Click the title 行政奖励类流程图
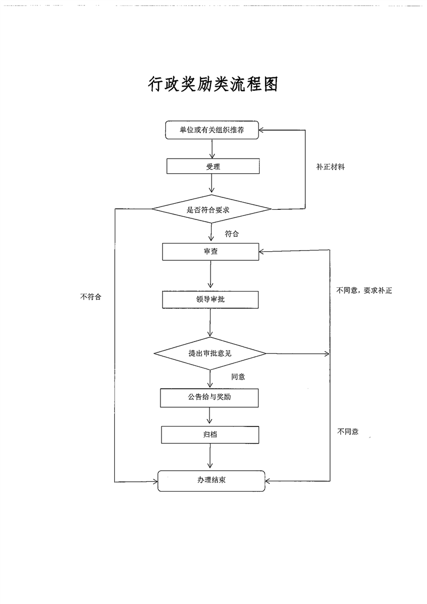(x=213, y=84)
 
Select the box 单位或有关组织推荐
(x=213, y=129)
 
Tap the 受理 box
(x=213, y=167)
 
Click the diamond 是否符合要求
(x=212, y=209)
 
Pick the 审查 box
(x=211, y=251)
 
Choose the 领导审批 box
(x=211, y=299)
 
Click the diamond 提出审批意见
(x=210, y=353)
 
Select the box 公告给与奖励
(x=210, y=397)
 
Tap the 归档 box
(x=210, y=434)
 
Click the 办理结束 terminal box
(x=211, y=480)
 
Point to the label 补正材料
(x=330, y=167)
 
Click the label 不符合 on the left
(x=90, y=296)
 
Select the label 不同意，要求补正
(x=364, y=290)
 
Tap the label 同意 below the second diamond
(x=238, y=376)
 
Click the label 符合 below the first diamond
(x=232, y=234)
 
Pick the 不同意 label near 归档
(x=348, y=431)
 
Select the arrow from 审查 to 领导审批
(x=211, y=275)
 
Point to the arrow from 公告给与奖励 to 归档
(x=210, y=416)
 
